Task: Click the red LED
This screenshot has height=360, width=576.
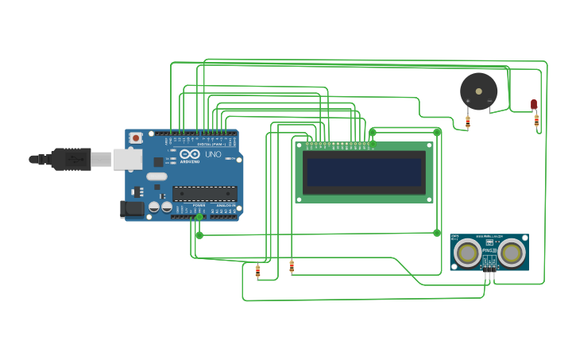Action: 534,104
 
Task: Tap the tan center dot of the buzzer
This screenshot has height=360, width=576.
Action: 478,91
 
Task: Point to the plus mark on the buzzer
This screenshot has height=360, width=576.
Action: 468,102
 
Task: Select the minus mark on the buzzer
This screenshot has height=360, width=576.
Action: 489,102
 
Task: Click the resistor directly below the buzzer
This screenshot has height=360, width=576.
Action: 467,122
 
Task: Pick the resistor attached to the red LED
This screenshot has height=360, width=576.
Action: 536,121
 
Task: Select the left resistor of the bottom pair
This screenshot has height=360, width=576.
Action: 257,272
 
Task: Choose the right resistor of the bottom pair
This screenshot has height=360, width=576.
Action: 292,267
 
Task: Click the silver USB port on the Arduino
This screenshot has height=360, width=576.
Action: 123,160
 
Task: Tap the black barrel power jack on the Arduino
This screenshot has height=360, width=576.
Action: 131,209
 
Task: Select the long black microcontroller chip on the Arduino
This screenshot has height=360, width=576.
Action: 205,193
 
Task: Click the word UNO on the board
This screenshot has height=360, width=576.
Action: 213,154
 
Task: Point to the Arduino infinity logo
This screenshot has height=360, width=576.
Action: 190,154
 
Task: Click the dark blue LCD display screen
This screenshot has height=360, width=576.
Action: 365,172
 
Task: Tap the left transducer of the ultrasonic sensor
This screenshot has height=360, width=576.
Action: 466,254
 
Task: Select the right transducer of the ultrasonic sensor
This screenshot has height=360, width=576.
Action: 512,254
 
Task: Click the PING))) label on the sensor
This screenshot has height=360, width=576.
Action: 489,253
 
